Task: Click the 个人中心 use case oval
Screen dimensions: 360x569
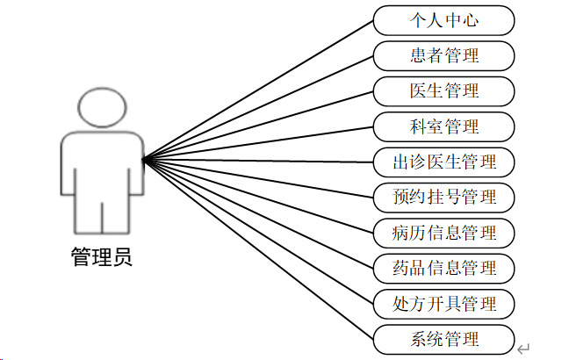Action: coord(443,19)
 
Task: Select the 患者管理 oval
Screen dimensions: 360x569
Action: coord(443,55)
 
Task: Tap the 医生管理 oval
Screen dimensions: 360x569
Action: coord(443,90)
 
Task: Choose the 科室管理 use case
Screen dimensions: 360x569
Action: coord(443,126)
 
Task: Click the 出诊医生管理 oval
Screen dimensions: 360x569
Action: coord(443,162)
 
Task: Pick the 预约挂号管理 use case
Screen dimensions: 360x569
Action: coord(443,197)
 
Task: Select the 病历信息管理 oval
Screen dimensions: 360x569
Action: coord(443,233)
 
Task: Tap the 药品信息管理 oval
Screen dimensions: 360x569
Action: coord(443,268)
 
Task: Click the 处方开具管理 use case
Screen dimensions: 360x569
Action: coord(443,304)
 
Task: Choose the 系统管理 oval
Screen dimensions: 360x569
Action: coord(443,339)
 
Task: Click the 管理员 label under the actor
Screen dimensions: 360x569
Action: coord(101,258)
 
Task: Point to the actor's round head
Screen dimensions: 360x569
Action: coord(101,106)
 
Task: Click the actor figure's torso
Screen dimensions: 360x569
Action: coord(101,167)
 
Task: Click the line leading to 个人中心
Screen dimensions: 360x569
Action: coord(258,90)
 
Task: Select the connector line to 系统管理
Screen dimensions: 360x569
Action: coord(258,248)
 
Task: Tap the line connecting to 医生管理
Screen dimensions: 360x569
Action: coord(258,125)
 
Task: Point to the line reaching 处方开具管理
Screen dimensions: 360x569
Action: coord(258,231)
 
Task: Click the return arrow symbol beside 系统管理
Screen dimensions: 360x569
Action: coord(523,349)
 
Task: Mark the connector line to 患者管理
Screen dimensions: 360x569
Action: coord(258,107)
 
